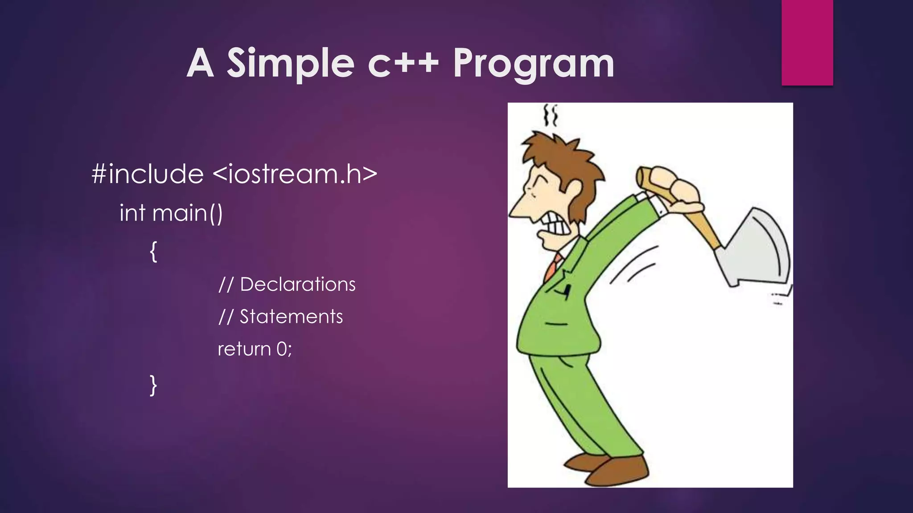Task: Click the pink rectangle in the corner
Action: point(807,42)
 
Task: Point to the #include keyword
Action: point(148,174)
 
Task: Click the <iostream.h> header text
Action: point(295,174)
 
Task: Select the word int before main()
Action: point(132,213)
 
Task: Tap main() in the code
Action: point(187,213)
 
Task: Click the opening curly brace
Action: point(153,252)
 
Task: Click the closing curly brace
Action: point(153,385)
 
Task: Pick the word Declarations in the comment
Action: point(297,285)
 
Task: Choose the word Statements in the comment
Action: point(291,317)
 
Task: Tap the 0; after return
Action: point(284,349)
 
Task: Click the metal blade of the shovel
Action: point(758,249)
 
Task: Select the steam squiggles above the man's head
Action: point(551,115)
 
